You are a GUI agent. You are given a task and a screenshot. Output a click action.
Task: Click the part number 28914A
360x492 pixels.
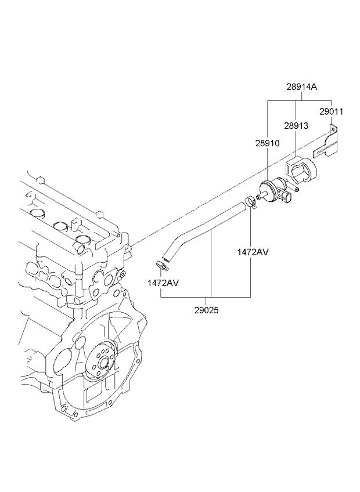[301, 87]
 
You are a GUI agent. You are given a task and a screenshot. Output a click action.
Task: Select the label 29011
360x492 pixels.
[331, 110]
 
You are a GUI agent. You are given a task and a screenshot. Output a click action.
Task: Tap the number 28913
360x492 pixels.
[296, 125]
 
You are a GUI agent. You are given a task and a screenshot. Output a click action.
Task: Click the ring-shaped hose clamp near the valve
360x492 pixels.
[251, 202]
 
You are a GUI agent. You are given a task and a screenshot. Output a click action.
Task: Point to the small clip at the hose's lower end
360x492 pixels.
[162, 266]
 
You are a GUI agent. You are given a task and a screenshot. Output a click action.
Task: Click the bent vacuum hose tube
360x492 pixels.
[197, 229]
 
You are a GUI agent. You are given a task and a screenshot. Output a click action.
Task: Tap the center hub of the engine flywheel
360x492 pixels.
[104, 364]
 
